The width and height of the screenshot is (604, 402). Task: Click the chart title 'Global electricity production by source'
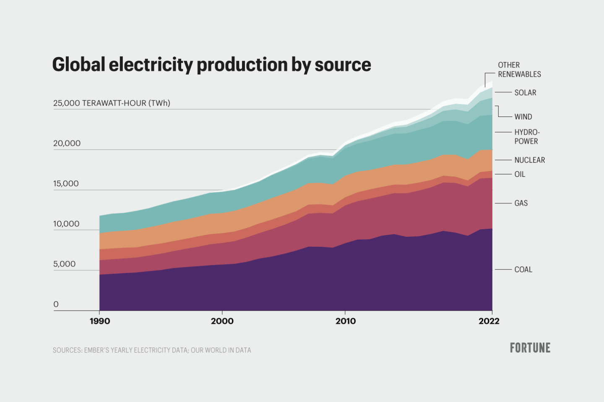[x=211, y=65]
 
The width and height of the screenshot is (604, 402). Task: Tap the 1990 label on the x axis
[x=100, y=321]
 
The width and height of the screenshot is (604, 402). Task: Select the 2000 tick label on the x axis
[x=222, y=321]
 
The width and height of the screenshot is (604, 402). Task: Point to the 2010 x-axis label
[x=345, y=321]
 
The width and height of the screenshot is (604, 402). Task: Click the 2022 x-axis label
[x=489, y=321]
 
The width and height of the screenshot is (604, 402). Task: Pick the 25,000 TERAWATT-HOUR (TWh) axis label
[x=112, y=103]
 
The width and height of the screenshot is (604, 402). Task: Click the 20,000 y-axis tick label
[x=67, y=143]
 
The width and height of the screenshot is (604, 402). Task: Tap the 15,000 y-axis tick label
[x=66, y=184]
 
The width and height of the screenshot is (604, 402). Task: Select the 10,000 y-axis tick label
[x=66, y=224]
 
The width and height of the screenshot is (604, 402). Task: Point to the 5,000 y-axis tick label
[x=64, y=264]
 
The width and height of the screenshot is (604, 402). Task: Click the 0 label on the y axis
[x=56, y=304]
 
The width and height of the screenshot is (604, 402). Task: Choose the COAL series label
[x=523, y=270]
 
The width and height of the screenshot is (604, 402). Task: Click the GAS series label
[x=521, y=203]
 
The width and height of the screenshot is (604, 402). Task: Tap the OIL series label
[x=520, y=174]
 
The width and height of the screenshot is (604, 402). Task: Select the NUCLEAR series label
[x=529, y=160]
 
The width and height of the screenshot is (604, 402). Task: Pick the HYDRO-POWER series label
[x=527, y=137]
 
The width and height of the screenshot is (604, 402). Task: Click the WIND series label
[x=523, y=117]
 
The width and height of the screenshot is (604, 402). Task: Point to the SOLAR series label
[x=525, y=93]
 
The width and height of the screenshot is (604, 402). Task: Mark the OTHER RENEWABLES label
[x=519, y=70]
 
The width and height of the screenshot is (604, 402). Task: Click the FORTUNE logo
[x=530, y=348]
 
